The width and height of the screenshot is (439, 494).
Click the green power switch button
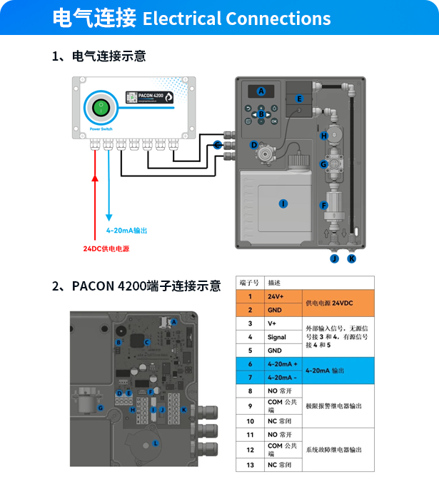coord(101,109)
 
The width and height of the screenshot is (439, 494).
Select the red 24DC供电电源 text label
coord(104,248)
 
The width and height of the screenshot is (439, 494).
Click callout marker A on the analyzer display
coord(261,91)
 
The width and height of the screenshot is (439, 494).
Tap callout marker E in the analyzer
coord(299,98)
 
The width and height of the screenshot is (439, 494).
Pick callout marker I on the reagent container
coord(283,204)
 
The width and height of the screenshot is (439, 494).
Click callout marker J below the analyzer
coord(333,258)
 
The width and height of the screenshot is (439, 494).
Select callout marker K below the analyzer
coord(351,258)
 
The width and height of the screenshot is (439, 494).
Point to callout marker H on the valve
coord(323,136)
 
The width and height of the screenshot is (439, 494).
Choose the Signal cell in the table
coord(277,337)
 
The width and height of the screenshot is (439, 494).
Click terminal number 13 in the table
coord(250,465)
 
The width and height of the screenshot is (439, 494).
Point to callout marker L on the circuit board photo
coord(155,443)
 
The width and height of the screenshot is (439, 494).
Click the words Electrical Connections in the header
coord(236,19)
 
